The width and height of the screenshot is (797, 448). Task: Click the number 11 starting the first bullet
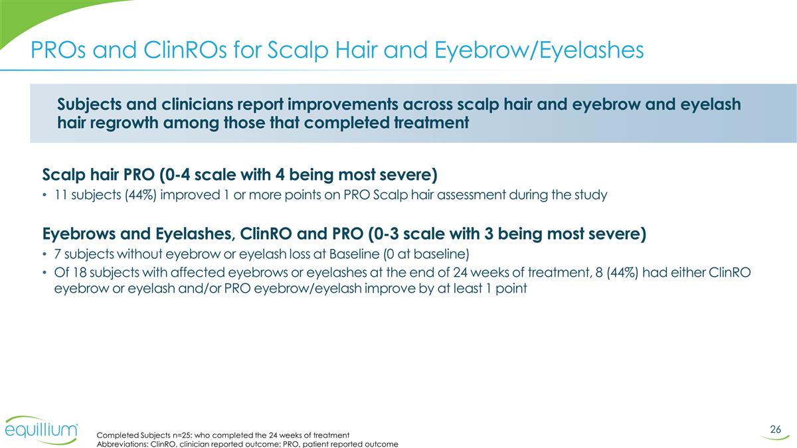point(59,196)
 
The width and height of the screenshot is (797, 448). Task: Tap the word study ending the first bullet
point(590,196)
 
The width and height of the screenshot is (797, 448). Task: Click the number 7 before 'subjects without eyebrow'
point(56,256)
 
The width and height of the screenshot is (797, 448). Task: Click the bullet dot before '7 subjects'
point(44,256)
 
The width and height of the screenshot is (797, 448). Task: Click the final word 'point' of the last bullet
point(511,290)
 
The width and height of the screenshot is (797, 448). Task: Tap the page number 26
point(775,429)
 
